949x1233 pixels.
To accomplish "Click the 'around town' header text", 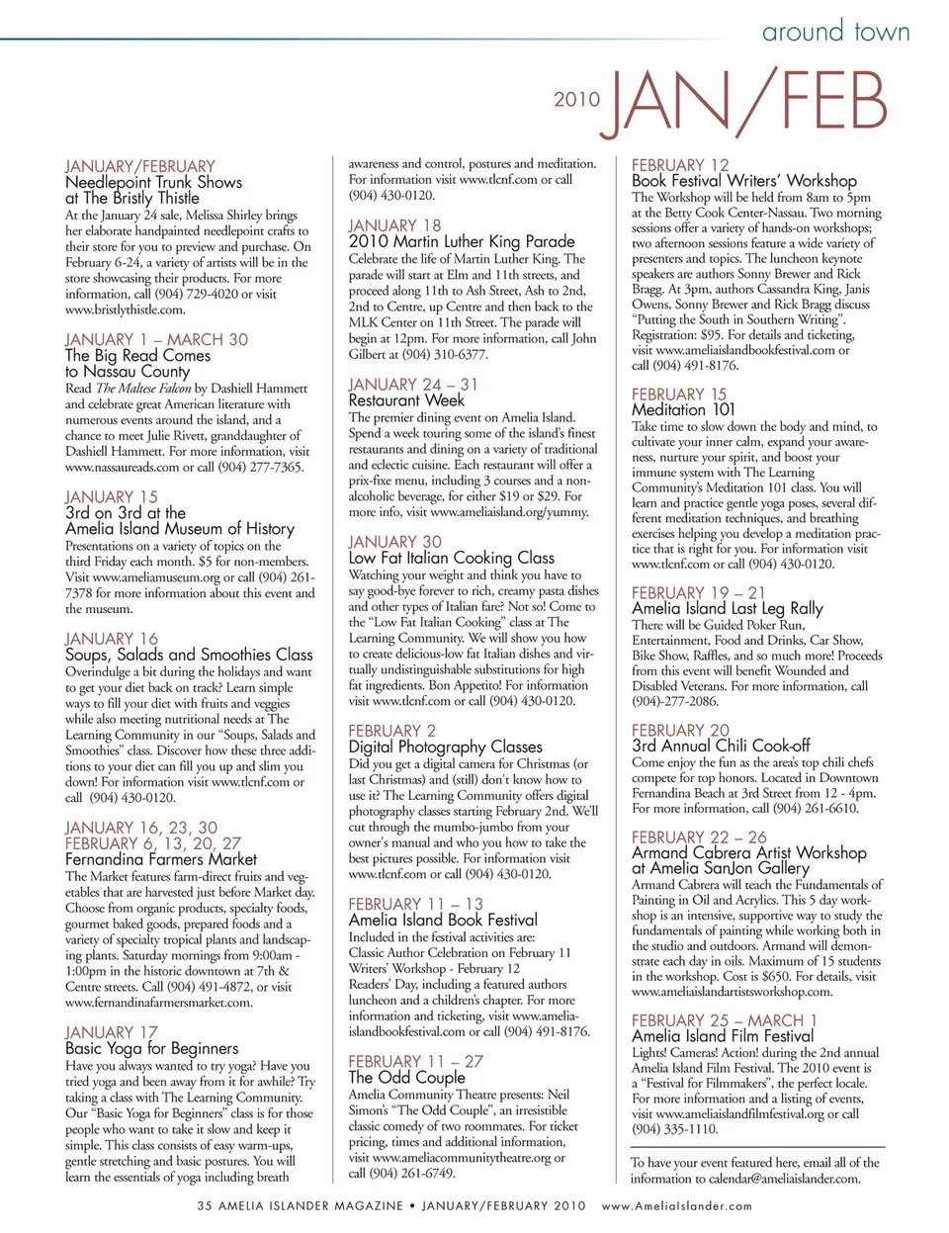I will point(835,32).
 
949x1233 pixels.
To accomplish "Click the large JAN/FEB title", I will point(747,102).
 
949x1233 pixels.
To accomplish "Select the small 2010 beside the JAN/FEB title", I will point(576,99).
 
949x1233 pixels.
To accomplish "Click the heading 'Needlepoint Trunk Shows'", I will point(153,182).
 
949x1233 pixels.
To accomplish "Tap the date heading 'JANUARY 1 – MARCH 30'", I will point(156,339).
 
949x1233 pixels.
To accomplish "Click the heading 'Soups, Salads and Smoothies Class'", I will point(189,655).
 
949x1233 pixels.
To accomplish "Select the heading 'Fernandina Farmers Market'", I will point(161,859).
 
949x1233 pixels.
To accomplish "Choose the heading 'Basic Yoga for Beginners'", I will point(151,1048).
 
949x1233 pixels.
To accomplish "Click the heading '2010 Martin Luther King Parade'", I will point(461,241).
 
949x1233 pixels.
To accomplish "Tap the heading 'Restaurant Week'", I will point(406,400).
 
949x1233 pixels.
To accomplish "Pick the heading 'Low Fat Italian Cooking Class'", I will point(451,558).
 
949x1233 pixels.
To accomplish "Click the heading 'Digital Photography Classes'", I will point(445,747).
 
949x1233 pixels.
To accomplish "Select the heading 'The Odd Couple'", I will point(406,1078).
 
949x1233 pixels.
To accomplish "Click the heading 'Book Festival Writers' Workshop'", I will point(744,181).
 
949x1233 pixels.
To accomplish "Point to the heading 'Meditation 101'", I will point(683,409).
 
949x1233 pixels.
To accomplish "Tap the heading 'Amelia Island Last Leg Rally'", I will point(727,608).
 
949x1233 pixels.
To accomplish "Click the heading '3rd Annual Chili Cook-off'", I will point(721,746).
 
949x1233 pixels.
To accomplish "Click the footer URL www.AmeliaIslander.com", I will point(676,1206).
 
